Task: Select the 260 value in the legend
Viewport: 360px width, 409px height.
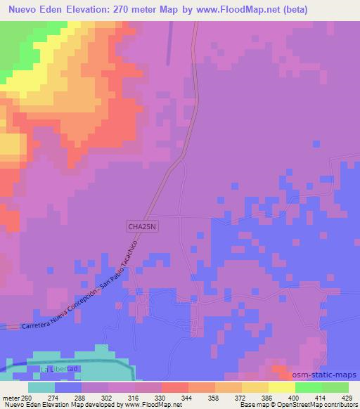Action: pyautogui.click(x=27, y=397)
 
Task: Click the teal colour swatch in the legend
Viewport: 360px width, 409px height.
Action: pyautogui.click(x=41, y=387)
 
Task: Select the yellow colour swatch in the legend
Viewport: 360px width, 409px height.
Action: pyautogui.click(x=282, y=387)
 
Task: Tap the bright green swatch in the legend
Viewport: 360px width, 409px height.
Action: pyautogui.click(x=309, y=387)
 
